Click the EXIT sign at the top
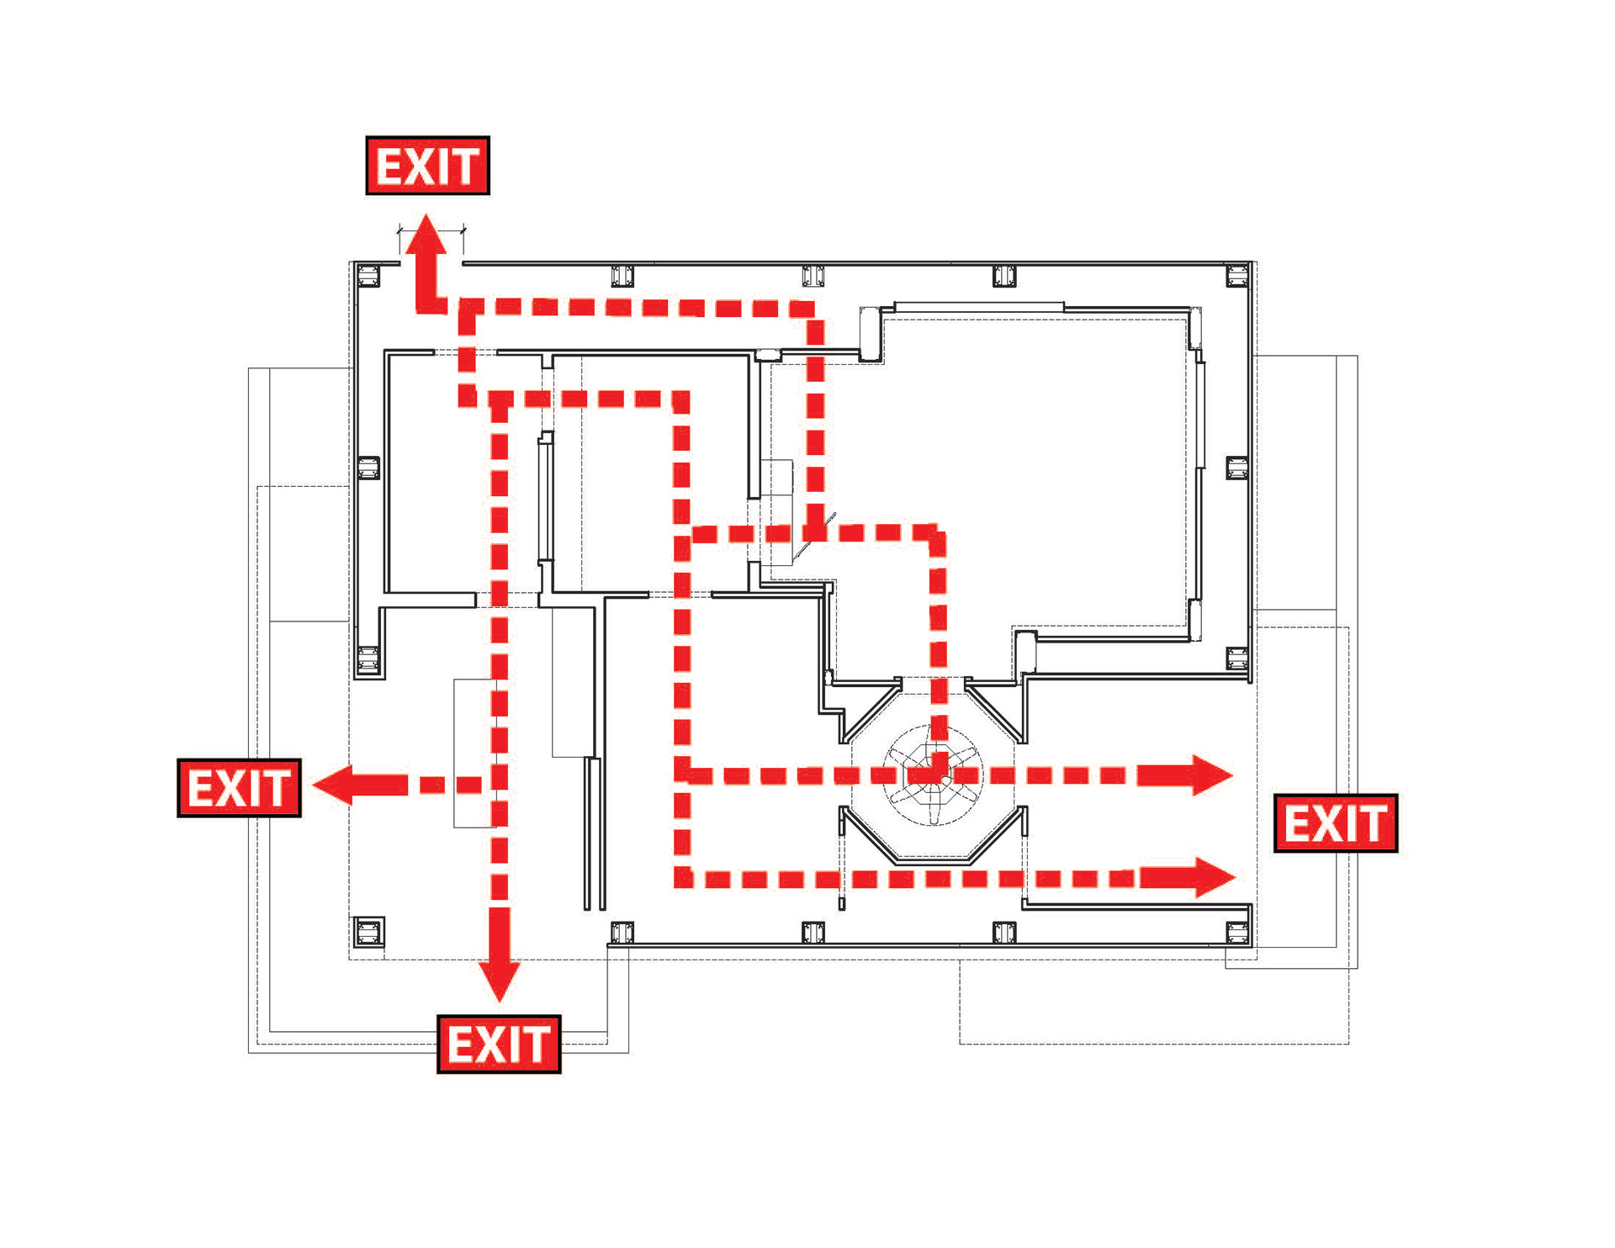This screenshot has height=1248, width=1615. (427, 166)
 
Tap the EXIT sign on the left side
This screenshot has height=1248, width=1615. (239, 788)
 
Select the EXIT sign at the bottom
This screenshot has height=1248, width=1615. (499, 1044)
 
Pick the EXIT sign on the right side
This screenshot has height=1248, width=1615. (1336, 823)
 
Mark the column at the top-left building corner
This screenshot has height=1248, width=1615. (368, 275)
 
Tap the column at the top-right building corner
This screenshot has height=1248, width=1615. (1236, 275)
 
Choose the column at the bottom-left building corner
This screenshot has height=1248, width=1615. (368, 932)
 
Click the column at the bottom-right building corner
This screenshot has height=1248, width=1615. (1236, 932)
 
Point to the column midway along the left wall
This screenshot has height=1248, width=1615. (368, 468)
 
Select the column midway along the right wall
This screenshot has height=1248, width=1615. (1236, 468)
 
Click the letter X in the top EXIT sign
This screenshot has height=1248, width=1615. (421, 166)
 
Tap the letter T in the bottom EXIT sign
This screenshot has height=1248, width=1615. (539, 1044)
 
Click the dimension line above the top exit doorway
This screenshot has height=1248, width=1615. (431, 230)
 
